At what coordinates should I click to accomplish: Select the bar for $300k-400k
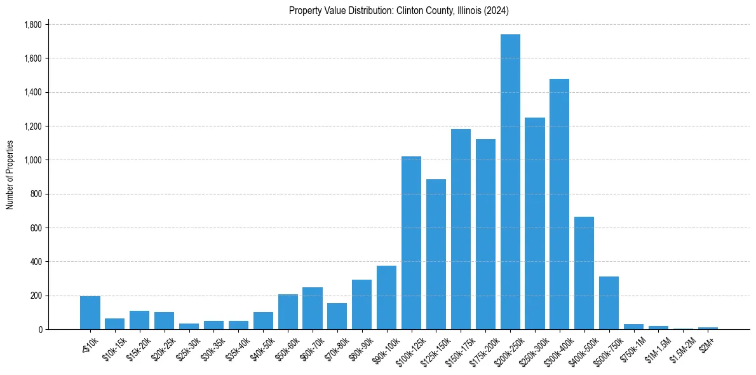coord(559,204)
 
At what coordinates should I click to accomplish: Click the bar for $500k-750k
coord(609,303)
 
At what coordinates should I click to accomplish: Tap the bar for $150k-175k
coord(461,229)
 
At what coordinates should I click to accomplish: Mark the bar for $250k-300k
coord(535,223)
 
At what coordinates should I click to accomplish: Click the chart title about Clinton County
coord(398,11)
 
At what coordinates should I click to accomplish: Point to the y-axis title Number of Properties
coord(10,175)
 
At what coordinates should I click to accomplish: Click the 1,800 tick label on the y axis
coord(32,25)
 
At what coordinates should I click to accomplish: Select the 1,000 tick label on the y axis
coord(32,160)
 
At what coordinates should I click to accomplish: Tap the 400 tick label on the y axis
coord(35,262)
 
